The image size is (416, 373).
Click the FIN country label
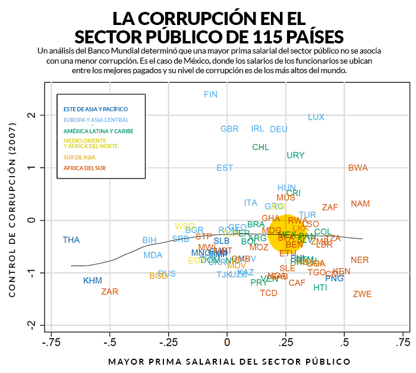210,94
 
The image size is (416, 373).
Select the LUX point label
316,117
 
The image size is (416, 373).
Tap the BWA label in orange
358,168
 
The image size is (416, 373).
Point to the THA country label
71,240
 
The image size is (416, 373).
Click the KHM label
93,280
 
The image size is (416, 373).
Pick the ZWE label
362,294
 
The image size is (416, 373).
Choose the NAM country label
360,203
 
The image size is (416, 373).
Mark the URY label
295,155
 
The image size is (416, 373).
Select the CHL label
261,147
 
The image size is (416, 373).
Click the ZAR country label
109,291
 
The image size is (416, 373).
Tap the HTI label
320,287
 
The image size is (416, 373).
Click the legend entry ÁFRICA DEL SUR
84,168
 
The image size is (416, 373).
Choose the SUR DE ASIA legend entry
79,158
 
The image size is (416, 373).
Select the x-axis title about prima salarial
229,362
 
